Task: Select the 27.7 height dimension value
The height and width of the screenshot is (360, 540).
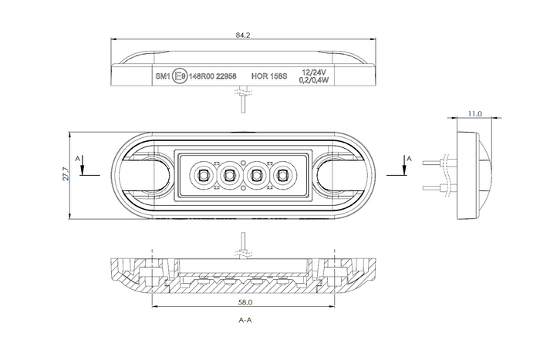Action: [67, 176]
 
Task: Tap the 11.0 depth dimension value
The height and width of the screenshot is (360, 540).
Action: [474, 113]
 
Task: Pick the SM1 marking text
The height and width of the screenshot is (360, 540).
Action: [162, 76]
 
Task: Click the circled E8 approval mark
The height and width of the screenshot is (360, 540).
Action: [180, 76]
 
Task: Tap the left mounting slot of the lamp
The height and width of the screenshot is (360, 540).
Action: [147, 176]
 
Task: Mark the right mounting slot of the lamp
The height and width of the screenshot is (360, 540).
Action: [339, 176]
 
